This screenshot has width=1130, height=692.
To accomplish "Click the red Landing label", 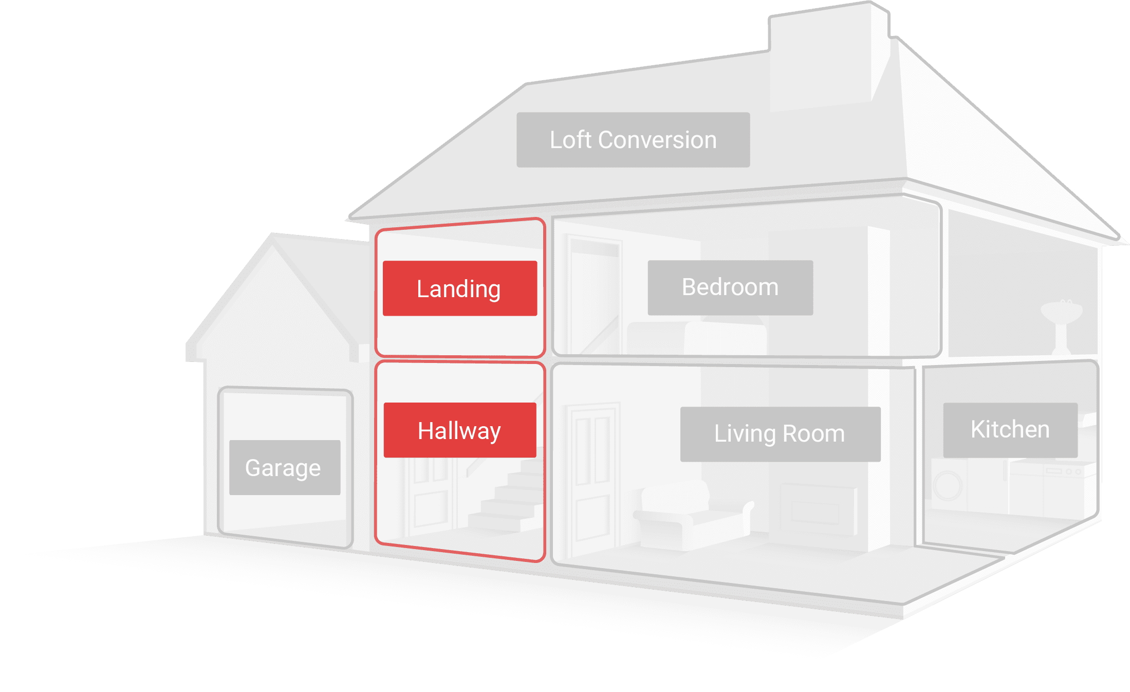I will (x=459, y=288).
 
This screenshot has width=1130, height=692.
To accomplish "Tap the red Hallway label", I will (x=459, y=430).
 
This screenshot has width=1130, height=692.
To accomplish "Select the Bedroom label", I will (x=730, y=287).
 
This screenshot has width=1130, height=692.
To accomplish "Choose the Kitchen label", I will (x=1010, y=430).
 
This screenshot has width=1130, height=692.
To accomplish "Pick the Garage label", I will (x=284, y=467).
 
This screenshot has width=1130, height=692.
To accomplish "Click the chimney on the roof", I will (x=827, y=57).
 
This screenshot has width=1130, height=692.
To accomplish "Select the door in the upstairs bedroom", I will (x=594, y=293).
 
